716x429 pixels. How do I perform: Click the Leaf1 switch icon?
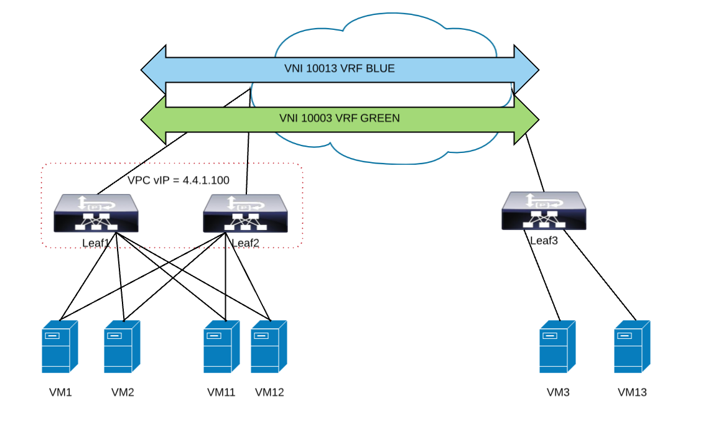pos(96,213)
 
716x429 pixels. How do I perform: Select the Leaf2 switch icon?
pos(245,213)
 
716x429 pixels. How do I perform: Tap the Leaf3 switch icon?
pos(544,211)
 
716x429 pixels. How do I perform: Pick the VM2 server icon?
pos(122,346)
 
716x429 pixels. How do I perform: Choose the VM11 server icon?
pos(221,346)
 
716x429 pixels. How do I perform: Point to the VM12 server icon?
pos(269,346)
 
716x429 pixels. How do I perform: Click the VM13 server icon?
pos(632,346)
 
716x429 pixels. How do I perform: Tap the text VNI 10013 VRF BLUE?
pos(339,68)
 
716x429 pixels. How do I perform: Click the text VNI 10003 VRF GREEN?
pos(339,118)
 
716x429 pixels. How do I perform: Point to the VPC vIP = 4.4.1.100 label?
pos(179,181)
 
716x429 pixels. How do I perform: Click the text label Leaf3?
pos(544,240)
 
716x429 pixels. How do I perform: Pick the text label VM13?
pos(632,392)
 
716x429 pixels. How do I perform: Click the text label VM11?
pos(221,392)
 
